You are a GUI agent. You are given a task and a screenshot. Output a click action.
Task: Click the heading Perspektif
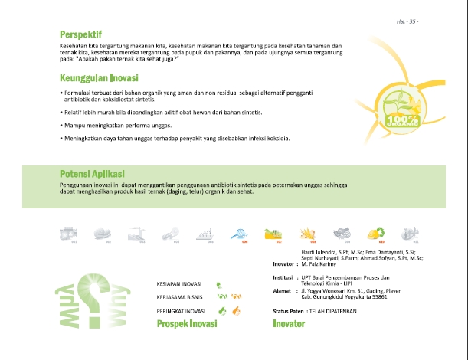click(81, 34)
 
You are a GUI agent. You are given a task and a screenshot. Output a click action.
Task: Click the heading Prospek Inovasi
click(187, 324)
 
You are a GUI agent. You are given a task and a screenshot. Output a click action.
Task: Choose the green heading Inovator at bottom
click(289, 324)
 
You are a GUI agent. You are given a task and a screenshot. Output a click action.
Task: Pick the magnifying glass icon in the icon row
click(239, 233)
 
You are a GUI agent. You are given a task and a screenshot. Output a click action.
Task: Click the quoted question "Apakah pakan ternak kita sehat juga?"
click(126, 59)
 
